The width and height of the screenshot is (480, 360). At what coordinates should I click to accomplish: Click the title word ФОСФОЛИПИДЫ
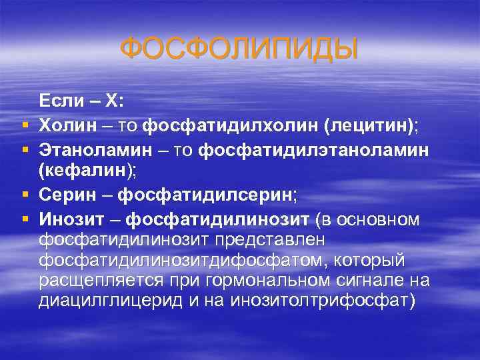(239, 49)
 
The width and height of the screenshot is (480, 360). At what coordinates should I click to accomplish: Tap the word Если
(61, 101)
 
